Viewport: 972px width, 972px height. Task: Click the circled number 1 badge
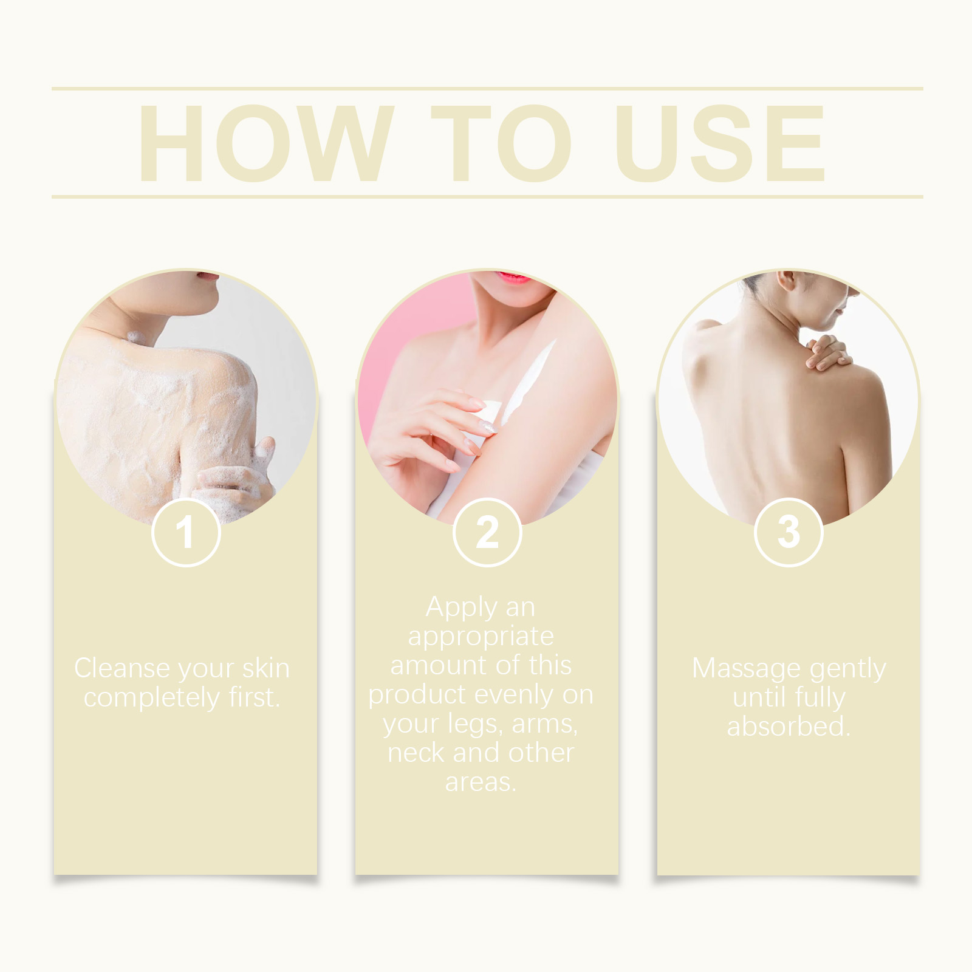coord(185,532)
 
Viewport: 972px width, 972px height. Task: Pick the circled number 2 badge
coord(487,532)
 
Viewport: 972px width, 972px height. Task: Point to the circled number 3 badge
coord(789,532)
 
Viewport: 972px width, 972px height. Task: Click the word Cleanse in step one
coord(122,668)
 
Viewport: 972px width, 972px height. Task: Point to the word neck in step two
coord(417,753)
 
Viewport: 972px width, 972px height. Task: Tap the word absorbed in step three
coord(789,727)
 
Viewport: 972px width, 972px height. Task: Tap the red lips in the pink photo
coord(511,278)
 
